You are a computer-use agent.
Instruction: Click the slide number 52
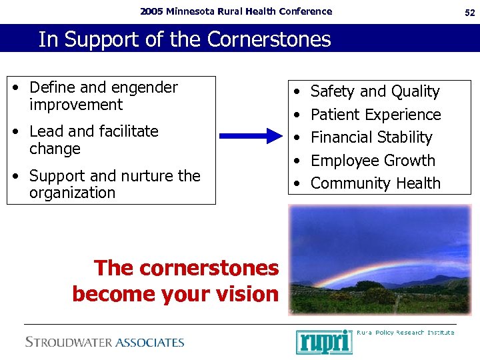pyautogui.click(x=469, y=11)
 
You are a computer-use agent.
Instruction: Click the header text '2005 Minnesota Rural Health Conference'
pyautogui.click(x=235, y=11)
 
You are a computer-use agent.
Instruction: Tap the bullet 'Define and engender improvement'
pyautogui.click(x=103, y=96)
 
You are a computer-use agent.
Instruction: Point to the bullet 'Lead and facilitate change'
pyautogui.click(x=93, y=140)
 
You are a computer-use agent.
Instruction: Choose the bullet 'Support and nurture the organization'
pyautogui.click(x=114, y=185)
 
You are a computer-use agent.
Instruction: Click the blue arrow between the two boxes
pyautogui.click(x=251, y=137)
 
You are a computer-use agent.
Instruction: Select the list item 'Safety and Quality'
pyautogui.click(x=375, y=91)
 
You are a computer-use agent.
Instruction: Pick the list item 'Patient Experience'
pyautogui.click(x=375, y=115)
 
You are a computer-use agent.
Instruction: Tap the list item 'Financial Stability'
pyautogui.click(x=371, y=137)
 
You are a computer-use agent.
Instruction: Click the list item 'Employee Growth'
pyautogui.click(x=373, y=161)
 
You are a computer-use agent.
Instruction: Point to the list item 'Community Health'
pyautogui.click(x=375, y=183)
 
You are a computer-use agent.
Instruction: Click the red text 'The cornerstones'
pyautogui.click(x=186, y=268)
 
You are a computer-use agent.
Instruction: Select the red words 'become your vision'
pyautogui.click(x=175, y=293)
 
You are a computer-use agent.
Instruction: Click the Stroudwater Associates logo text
pyautogui.click(x=105, y=342)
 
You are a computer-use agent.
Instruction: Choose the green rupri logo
pyautogui.click(x=324, y=341)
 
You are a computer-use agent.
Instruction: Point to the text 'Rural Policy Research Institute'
pyautogui.click(x=405, y=332)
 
